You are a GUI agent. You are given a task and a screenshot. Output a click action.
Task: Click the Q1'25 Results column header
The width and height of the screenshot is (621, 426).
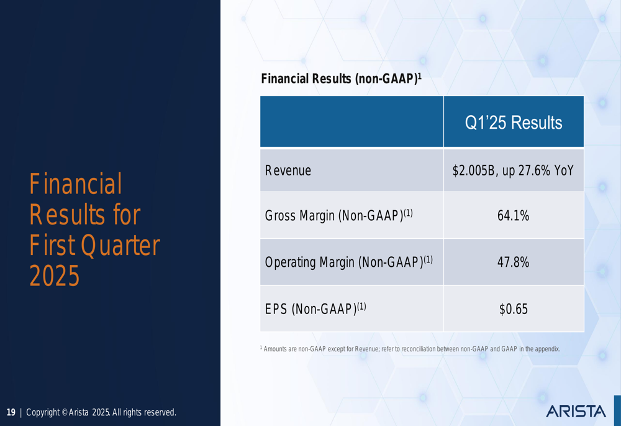[514, 123]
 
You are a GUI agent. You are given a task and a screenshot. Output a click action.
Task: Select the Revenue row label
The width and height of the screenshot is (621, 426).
[288, 170]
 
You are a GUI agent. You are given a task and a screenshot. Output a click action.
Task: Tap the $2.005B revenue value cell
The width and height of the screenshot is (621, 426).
[513, 170]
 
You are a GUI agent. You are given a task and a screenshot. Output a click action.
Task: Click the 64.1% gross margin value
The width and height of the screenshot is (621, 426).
[514, 216]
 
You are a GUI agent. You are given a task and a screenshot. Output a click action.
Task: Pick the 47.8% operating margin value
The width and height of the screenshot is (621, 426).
[514, 262]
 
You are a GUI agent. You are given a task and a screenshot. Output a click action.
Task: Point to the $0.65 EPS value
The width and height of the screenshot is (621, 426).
[514, 309]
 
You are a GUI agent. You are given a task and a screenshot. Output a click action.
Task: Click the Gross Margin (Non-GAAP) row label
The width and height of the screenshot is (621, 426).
[338, 215]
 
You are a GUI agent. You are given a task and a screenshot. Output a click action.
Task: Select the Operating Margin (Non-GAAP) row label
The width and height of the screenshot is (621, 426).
[348, 262]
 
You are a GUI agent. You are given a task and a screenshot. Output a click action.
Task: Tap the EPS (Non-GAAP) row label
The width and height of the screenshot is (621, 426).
[315, 308]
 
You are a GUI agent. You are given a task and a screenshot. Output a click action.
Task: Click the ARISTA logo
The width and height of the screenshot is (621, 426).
[576, 411]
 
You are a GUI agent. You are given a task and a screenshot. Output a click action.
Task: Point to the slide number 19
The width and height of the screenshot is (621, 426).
[11, 412]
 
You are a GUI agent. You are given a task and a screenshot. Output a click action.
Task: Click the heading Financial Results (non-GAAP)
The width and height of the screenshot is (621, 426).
[341, 78]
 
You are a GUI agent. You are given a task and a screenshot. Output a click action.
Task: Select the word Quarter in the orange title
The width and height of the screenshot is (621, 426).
[120, 246]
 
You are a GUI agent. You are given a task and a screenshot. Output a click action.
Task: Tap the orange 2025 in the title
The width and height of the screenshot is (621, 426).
[54, 276]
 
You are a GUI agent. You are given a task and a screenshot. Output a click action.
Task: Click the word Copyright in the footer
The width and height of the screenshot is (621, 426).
[43, 412]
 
